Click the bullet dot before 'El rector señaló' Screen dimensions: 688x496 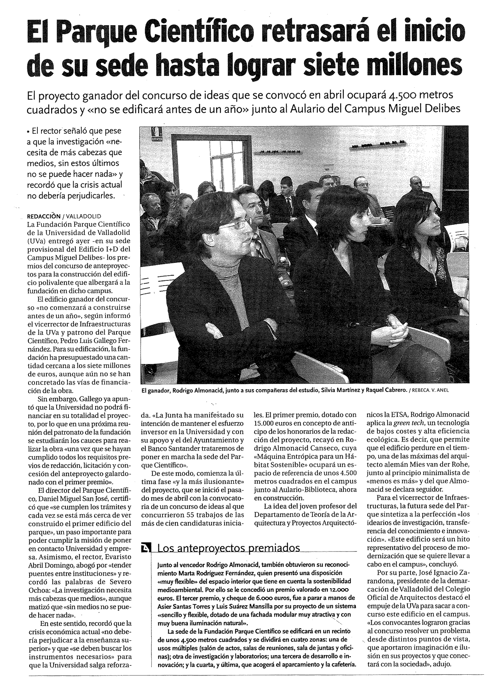coord(28,132)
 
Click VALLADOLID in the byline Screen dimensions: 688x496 coord(84,217)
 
